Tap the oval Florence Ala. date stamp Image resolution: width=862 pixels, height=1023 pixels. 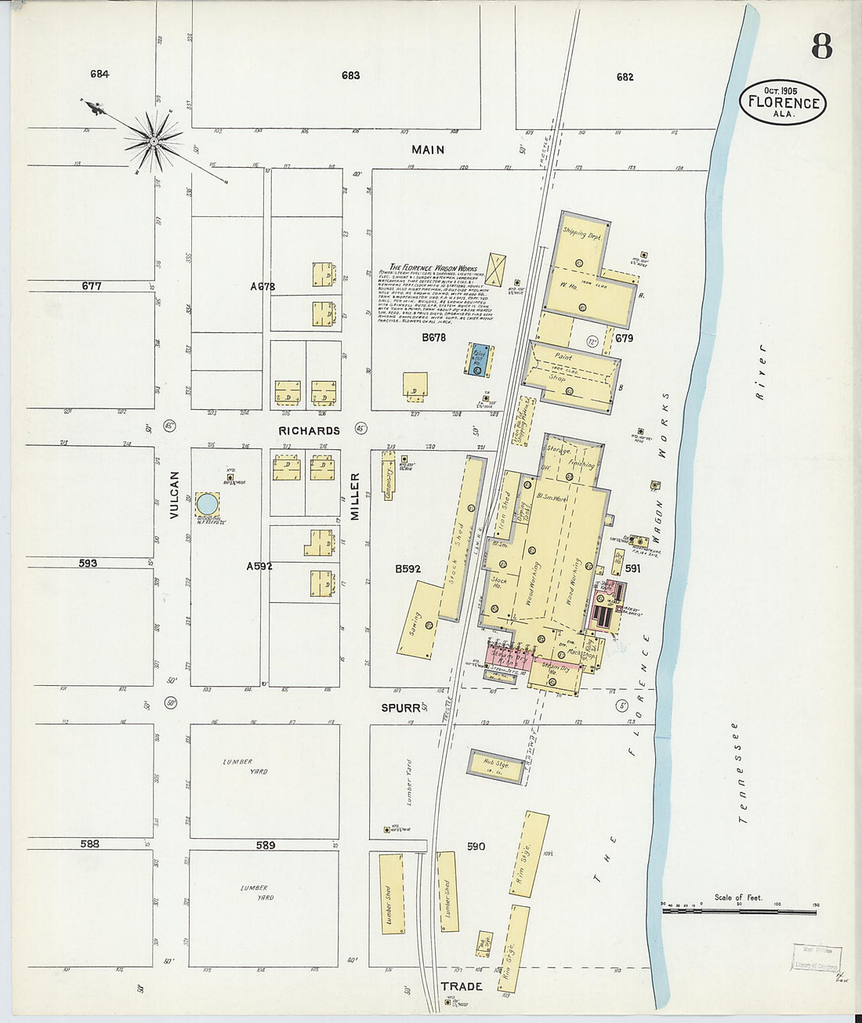coord(783,103)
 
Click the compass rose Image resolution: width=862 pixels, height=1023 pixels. coord(154,141)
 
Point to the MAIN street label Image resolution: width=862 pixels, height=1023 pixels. coord(428,149)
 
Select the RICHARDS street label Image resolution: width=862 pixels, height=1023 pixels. coord(310,430)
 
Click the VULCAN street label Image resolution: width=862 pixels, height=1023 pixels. coord(174,495)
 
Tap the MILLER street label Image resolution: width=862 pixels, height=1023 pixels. coord(354,496)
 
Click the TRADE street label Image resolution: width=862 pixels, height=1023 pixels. coord(461,986)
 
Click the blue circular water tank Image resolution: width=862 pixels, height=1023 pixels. coord(207,503)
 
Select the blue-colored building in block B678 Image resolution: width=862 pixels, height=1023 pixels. coord(477,360)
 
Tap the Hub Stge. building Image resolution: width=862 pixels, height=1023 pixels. coord(496,765)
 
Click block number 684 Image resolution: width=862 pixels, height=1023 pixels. coord(100,74)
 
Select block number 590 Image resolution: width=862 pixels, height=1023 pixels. coord(476,846)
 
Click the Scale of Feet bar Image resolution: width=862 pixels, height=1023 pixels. coord(739,911)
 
